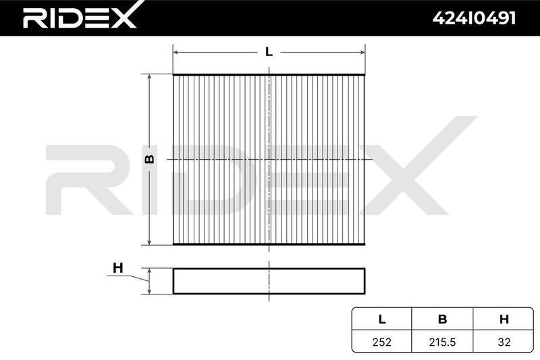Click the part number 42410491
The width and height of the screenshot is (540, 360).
(474, 18)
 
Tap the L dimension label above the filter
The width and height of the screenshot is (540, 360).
(269, 52)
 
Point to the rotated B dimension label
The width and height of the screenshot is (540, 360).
(150, 159)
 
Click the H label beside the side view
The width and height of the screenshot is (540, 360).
(117, 267)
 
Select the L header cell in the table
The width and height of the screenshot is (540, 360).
(382, 319)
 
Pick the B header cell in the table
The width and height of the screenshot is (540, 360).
(443, 319)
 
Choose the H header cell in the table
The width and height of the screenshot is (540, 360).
(504, 319)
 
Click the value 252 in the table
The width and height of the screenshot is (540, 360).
(382, 342)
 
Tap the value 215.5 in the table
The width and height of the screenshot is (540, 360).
(443, 342)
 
